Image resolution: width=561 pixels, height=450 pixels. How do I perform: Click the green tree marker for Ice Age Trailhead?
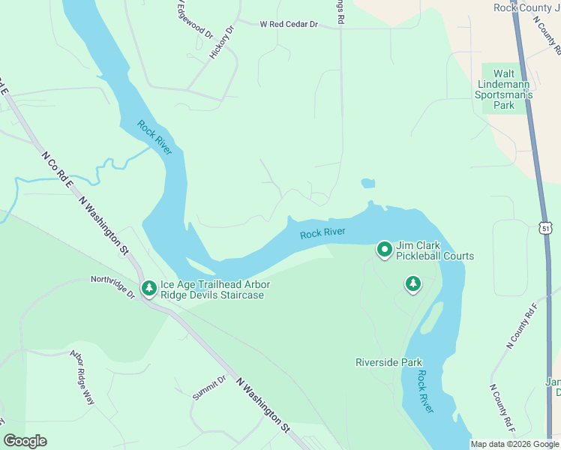click(x=148, y=289)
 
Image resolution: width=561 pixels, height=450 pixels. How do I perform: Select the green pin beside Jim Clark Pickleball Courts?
click(x=385, y=250)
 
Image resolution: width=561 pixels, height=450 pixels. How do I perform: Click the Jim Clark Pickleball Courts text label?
click(x=435, y=250)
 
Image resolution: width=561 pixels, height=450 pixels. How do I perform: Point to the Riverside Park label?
click(x=388, y=362)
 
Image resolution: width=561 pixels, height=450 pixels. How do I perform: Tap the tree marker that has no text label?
click(x=412, y=283)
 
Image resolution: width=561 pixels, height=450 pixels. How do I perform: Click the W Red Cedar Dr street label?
click(x=289, y=25)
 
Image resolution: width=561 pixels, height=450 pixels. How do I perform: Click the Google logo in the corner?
click(x=25, y=440)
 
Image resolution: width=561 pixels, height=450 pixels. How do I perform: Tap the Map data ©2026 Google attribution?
click(x=514, y=444)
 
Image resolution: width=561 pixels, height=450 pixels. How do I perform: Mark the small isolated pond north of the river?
click(x=367, y=183)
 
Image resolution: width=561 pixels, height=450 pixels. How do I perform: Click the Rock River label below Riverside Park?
click(x=425, y=391)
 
